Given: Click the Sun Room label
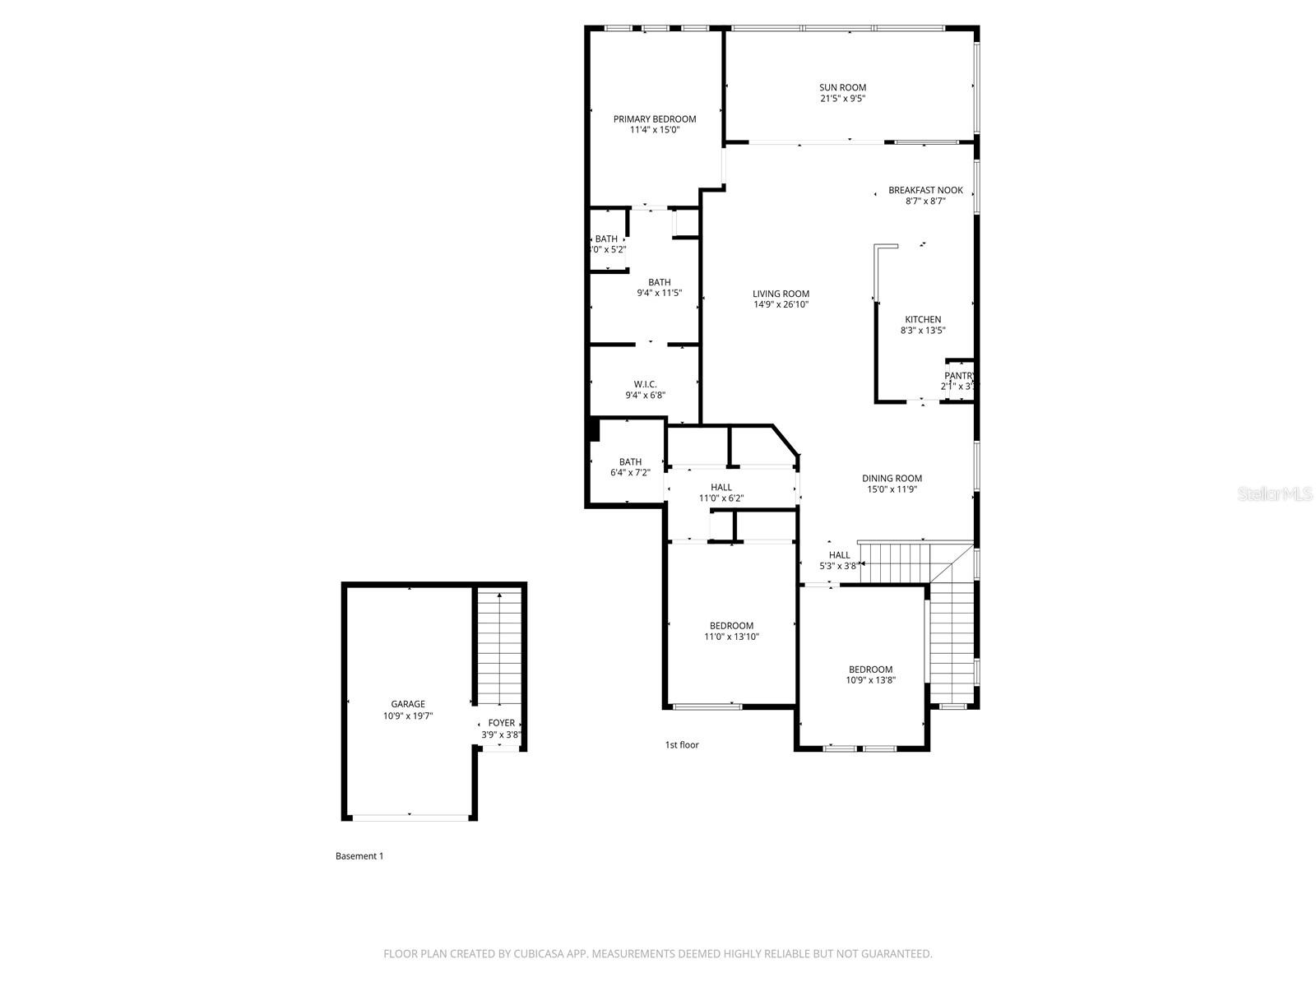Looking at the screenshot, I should point(842,87).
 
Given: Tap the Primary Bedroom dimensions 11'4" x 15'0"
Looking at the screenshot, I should point(655,130).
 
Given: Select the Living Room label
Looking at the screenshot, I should point(781,294).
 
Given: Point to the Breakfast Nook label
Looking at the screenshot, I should point(925,190).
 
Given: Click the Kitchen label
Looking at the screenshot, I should point(923,319).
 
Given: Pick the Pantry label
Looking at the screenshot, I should point(959,376).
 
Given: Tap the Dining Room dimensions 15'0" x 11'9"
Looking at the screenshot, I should point(892,489).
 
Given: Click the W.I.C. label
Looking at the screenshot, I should point(645,384).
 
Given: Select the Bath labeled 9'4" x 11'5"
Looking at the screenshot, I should point(659,282).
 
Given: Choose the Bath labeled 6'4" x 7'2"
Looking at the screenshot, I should point(630,462).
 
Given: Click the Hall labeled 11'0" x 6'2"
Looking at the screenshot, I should point(721,488).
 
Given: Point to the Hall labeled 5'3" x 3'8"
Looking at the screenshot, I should point(839,555).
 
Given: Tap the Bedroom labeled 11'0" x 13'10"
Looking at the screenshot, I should point(731,626).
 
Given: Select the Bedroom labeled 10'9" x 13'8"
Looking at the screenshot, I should point(870,670).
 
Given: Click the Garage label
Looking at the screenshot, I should point(408,704).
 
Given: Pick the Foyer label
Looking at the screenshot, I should point(501,723).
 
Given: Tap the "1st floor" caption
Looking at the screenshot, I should point(682,745).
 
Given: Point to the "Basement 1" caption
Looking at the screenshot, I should point(359,856).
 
